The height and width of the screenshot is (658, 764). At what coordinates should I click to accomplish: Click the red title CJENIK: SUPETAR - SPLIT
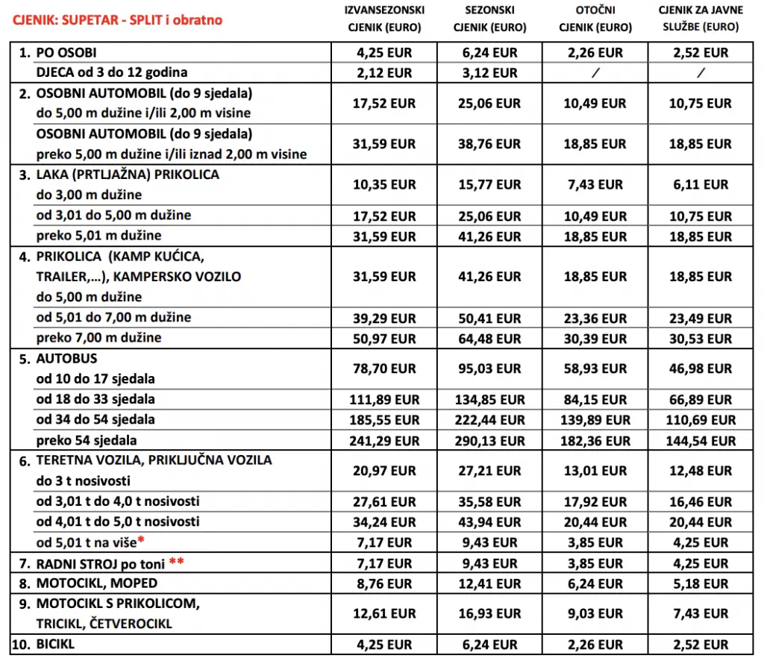click(117, 19)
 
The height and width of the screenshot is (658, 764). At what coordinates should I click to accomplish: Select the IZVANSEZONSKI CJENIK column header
click(384, 19)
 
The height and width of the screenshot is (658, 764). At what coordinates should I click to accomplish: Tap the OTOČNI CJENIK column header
click(594, 19)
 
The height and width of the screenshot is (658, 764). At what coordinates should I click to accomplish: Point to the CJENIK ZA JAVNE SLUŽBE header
click(699, 19)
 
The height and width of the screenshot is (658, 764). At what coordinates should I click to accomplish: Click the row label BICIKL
click(56, 644)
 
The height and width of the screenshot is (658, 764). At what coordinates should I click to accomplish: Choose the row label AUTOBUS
click(66, 358)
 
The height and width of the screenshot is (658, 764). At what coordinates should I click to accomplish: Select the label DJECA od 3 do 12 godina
click(112, 72)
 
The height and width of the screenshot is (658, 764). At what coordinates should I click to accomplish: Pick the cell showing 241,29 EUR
click(384, 440)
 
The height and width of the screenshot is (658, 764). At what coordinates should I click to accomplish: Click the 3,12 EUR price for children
click(489, 73)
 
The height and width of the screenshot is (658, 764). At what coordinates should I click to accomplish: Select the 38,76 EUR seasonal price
click(489, 144)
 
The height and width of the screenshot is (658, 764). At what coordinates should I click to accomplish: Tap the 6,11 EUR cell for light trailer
click(699, 184)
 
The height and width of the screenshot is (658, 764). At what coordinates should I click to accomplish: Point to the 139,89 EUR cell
click(594, 420)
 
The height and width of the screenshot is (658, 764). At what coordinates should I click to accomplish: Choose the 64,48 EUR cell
click(489, 338)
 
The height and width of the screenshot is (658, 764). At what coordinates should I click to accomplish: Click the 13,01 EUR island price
click(594, 471)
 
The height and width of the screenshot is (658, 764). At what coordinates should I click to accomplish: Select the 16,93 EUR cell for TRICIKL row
click(489, 613)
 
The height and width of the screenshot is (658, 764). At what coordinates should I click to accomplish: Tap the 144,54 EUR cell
click(699, 440)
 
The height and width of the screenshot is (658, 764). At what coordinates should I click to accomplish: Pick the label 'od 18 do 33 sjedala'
click(95, 399)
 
